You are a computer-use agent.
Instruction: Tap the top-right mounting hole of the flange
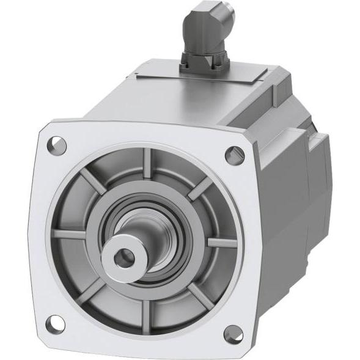point(235,155)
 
